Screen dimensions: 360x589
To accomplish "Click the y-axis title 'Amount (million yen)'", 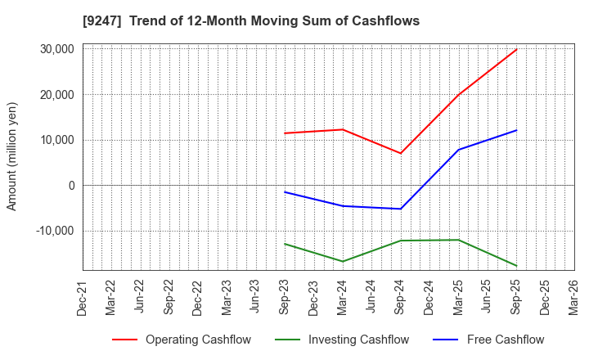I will point(11,156).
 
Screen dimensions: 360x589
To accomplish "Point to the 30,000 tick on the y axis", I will point(57,49).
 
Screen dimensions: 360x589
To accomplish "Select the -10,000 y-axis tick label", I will point(55,231).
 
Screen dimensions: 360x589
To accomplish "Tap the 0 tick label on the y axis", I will point(72,186).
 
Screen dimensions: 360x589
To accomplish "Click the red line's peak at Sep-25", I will point(516,49).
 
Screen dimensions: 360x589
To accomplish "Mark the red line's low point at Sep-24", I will point(401,153).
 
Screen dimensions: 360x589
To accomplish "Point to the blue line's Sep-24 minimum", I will point(401,209).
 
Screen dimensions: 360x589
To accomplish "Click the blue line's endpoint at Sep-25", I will point(516,130).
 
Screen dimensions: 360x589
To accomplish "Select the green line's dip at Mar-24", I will point(343,261).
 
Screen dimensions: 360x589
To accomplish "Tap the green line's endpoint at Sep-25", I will point(516,266).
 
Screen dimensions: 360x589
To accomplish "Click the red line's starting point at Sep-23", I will point(285,133).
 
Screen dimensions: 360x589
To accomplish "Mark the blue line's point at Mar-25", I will point(459,150).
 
